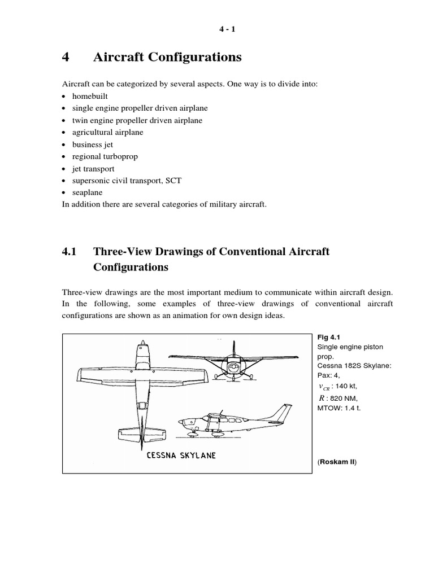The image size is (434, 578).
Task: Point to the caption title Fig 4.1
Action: point(328,337)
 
